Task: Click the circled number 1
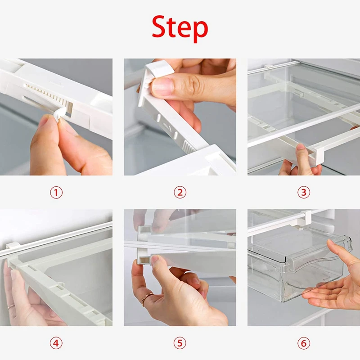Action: (x=56, y=193)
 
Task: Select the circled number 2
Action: (x=180, y=193)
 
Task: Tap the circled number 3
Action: (x=303, y=193)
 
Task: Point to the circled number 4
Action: (x=56, y=343)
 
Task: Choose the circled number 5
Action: (x=180, y=343)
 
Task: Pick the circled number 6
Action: (x=303, y=343)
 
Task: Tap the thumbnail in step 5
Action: (x=155, y=261)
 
